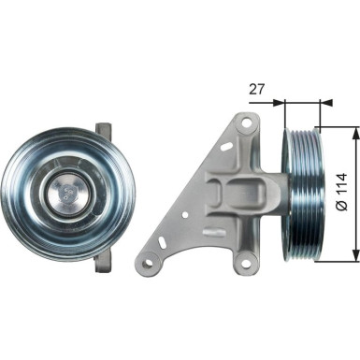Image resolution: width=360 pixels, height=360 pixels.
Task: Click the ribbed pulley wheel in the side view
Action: pos(301,194)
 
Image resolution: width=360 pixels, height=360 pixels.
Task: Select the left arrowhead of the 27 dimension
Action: pos(287,104)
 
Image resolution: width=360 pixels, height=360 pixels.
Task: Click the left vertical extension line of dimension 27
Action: pos(281,117)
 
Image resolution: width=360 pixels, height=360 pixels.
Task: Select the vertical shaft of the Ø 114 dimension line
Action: pos(354,194)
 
